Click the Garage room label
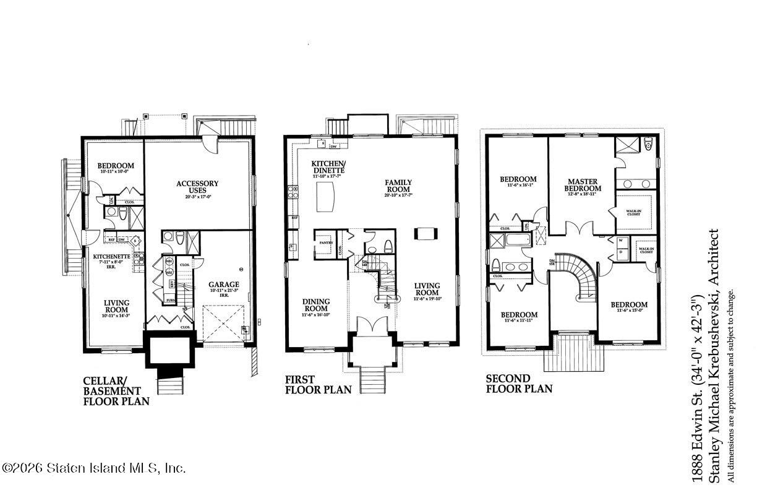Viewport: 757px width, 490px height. point(223,285)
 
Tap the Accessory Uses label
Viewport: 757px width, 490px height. point(197,187)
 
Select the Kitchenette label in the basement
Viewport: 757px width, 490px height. point(111,256)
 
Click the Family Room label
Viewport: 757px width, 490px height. point(398,186)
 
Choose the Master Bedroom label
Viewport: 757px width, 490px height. point(583,185)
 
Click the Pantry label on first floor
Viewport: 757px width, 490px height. point(326,243)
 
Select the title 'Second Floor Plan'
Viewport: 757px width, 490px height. point(518,384)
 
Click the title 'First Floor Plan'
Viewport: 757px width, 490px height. point(318,384)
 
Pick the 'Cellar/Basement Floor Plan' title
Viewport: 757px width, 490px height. point(116,390)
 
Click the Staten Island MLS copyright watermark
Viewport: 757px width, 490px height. point(94,468)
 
